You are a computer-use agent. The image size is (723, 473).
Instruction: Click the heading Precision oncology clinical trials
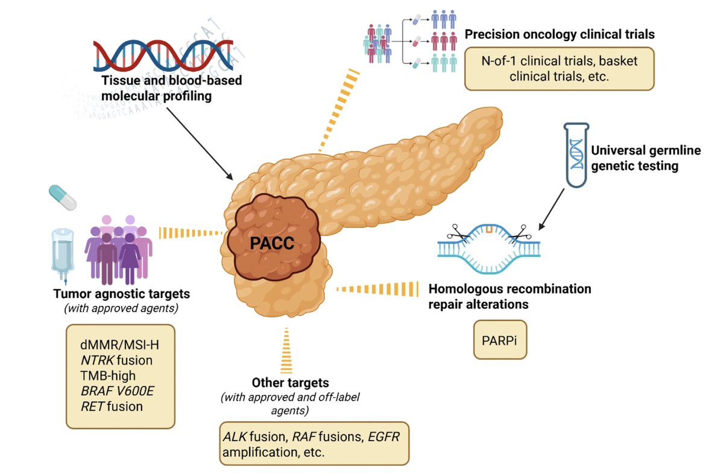pos(559,34)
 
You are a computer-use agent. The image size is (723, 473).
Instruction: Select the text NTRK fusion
pos(116,360)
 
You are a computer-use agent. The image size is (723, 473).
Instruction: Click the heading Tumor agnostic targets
pos(121,294)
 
